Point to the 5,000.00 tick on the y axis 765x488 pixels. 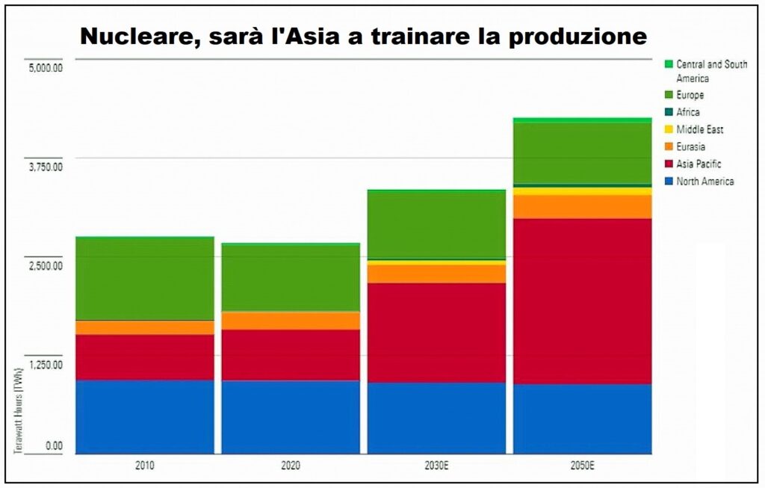46,68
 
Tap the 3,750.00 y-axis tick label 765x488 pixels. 46,167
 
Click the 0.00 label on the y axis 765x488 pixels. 54,446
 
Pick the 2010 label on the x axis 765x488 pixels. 145,465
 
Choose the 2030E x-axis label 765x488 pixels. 436,465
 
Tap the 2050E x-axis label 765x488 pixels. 582,465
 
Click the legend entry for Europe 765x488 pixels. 690,95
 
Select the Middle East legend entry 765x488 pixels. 699,129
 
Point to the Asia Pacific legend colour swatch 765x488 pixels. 669,164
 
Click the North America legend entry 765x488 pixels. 704,182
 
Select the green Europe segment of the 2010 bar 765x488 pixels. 145,279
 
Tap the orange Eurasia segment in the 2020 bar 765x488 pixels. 291,321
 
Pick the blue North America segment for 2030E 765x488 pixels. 436,418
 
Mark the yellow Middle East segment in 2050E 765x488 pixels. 582,191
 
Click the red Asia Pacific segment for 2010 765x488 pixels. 145,357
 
